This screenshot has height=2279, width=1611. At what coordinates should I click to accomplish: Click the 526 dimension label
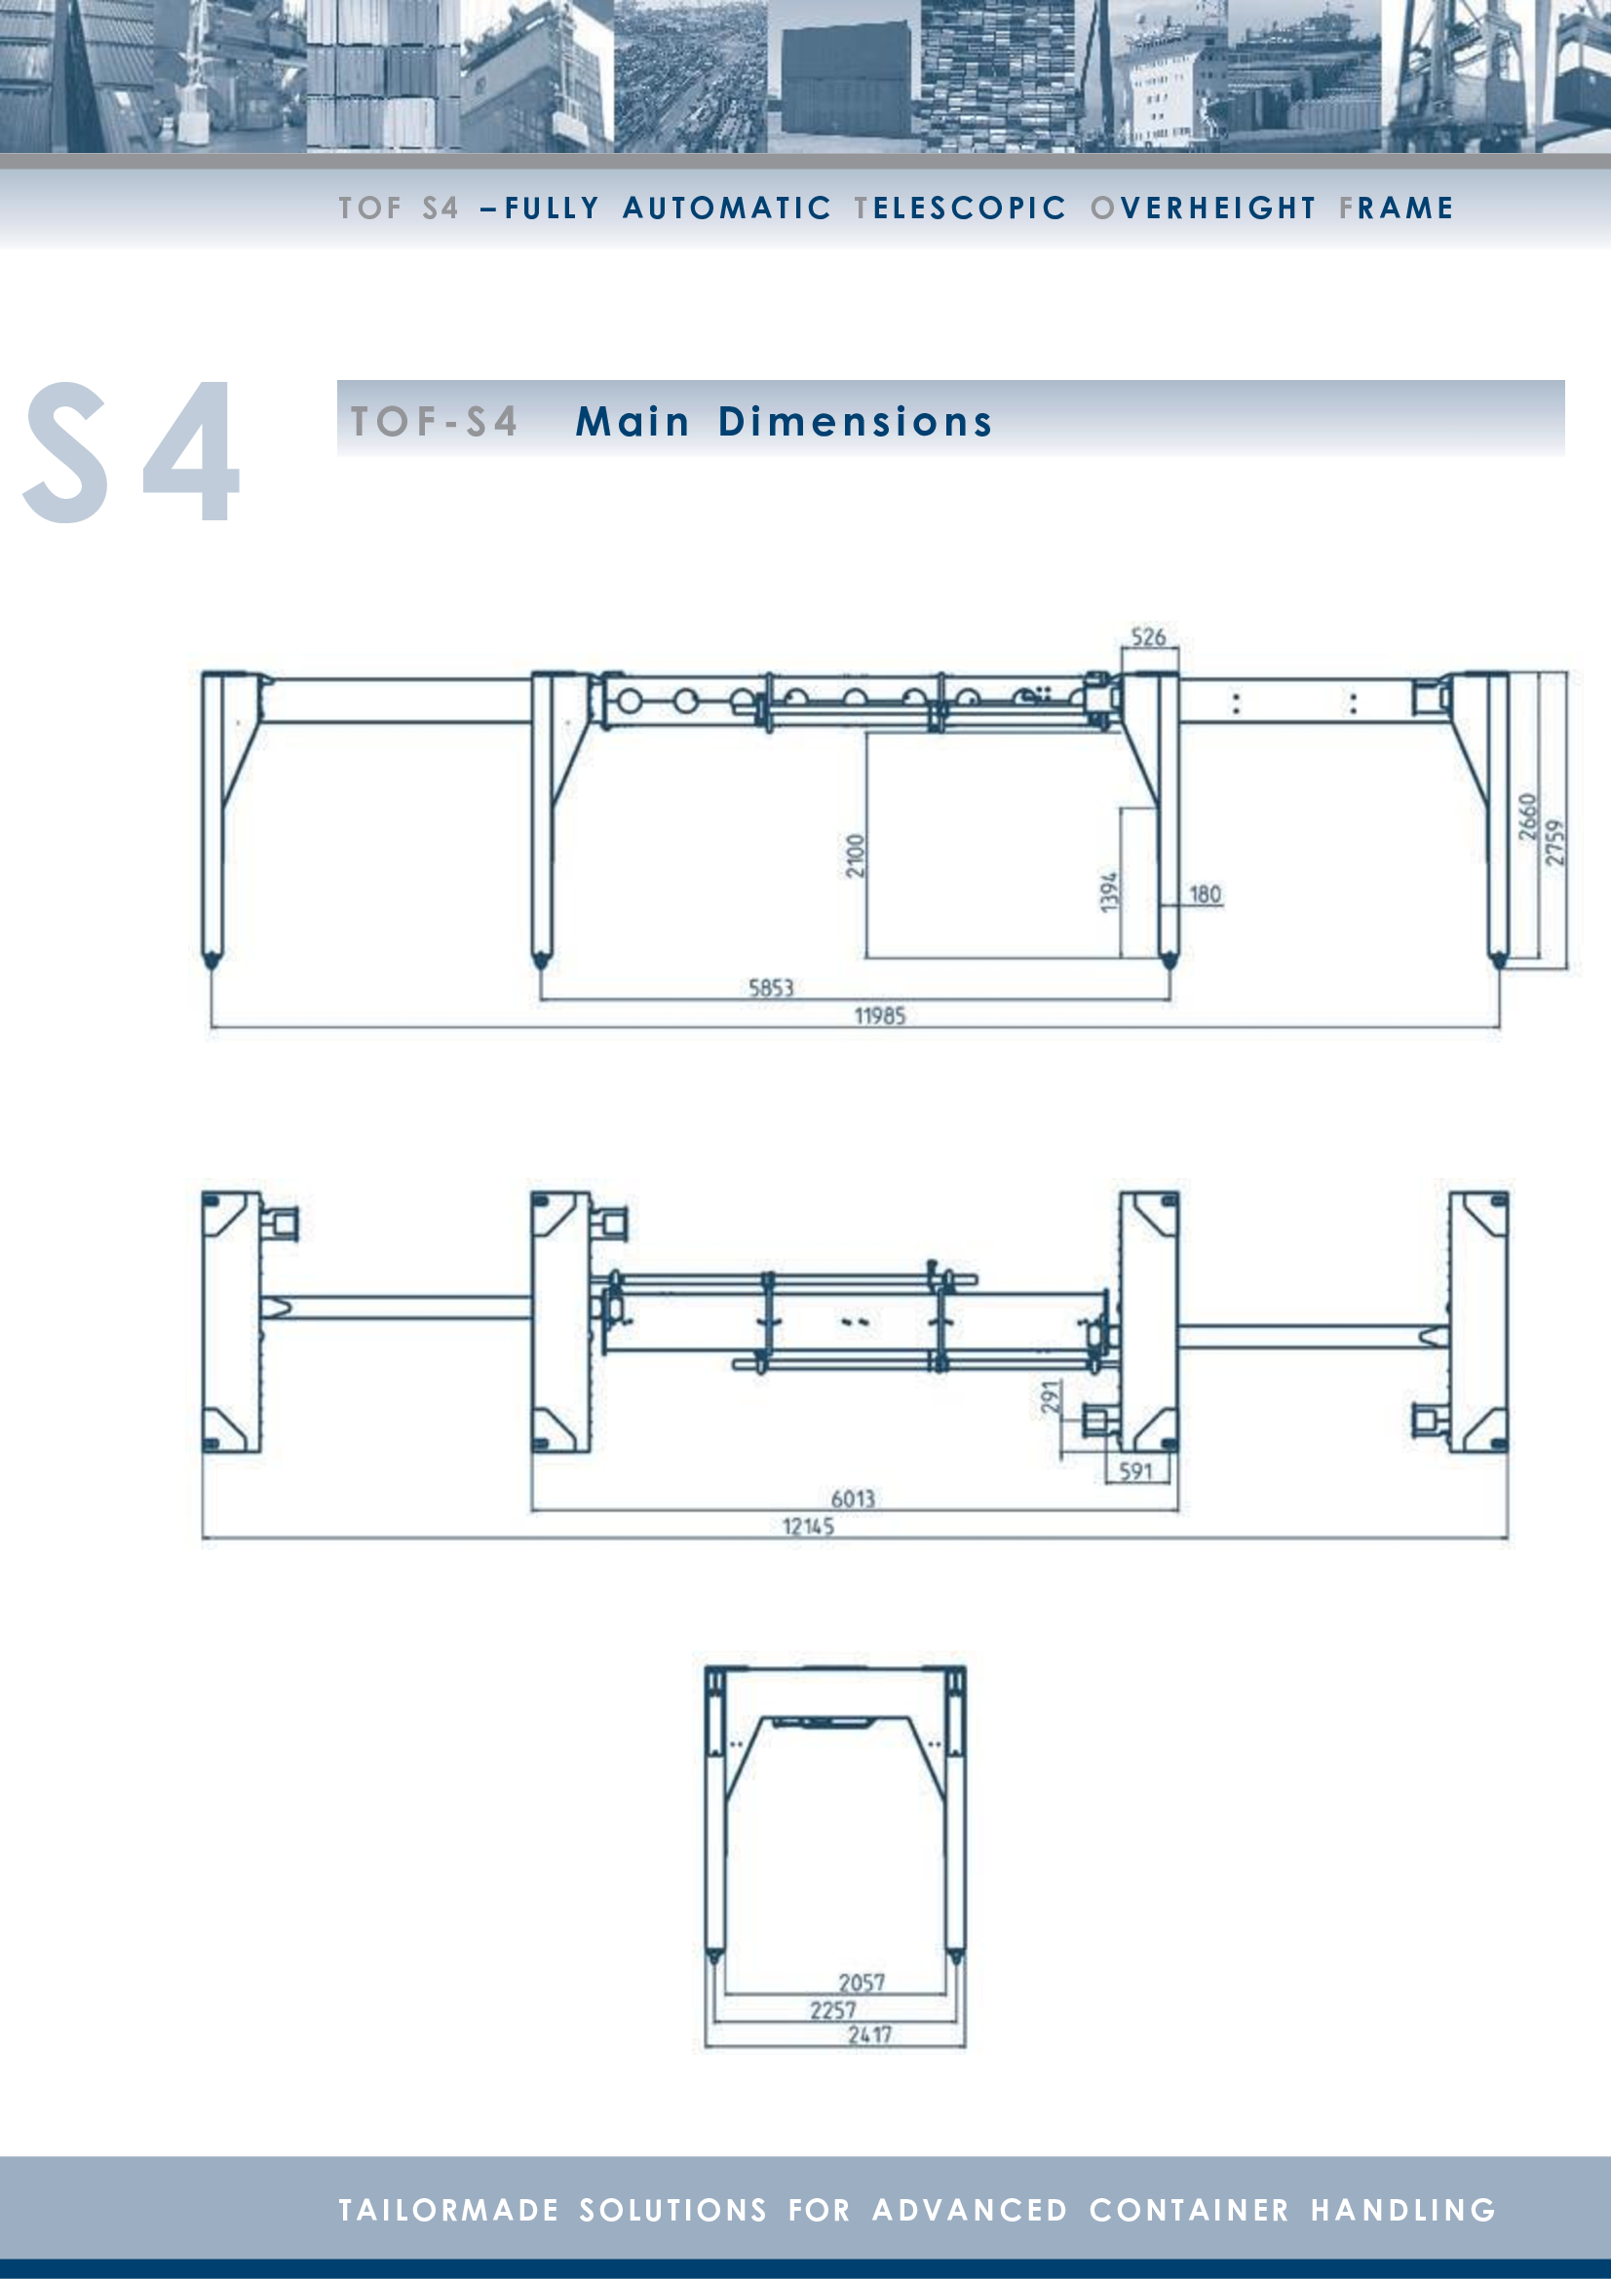[x=1148, y=637]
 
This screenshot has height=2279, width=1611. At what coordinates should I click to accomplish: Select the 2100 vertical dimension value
[x=856, y=855]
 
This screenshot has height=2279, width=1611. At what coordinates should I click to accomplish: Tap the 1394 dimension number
[x=1110, y=891]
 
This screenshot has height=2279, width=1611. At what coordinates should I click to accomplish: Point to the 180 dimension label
[x=1205, y=894]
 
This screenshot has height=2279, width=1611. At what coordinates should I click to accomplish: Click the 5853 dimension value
[x=771, y=988]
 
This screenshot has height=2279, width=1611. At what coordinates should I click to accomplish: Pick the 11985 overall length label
[x=880, y=1015]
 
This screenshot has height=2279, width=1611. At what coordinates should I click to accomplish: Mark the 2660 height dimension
[x=1527, y=816]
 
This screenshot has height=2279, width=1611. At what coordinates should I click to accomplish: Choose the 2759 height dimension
[x=1554, y=842]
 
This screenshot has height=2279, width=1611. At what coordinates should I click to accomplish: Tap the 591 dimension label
[x=1135, y=1471]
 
